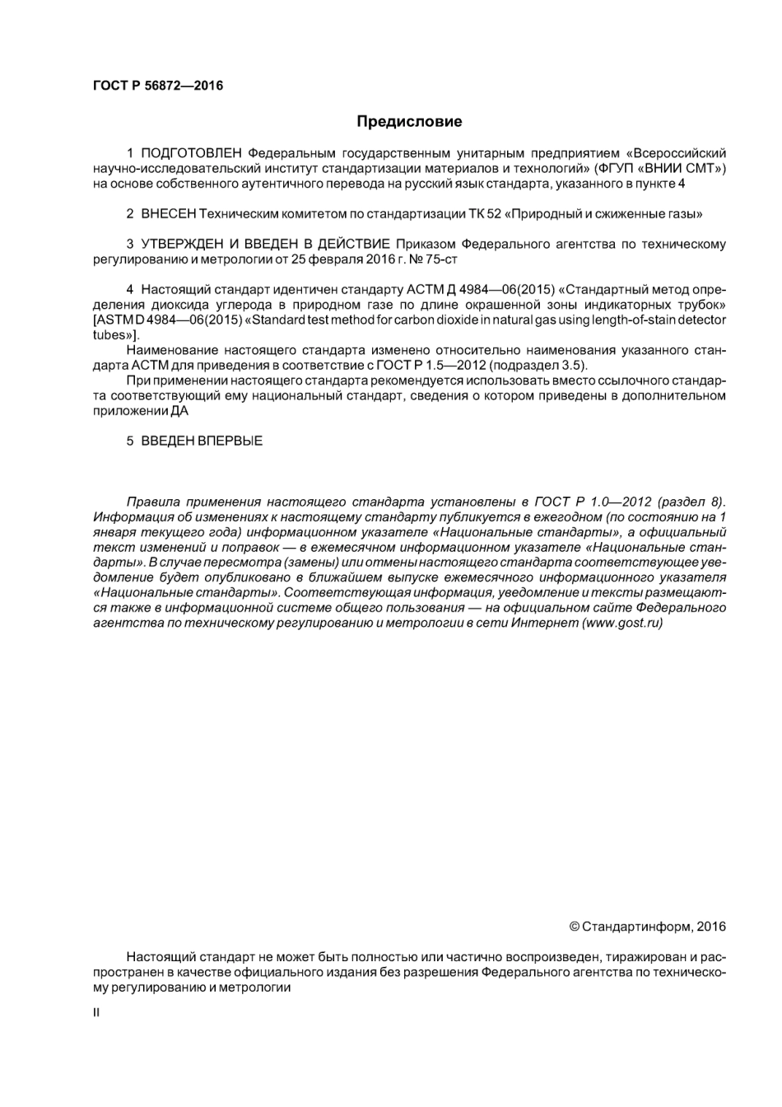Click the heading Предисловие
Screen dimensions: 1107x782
(x=409, y=122)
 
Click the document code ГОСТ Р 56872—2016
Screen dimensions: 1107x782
(x=156, y=86)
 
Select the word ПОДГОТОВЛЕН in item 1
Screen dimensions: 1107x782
(x=192, y=153)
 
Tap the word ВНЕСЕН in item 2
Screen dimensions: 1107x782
(x=168, y=214)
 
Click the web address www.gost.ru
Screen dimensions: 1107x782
(x=621, y=624)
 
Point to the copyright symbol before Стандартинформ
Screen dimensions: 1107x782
(x=575, y=927)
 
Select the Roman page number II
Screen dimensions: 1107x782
(x=96, y=1012)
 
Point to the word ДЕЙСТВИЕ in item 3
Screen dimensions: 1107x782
(x=351, y=245)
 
